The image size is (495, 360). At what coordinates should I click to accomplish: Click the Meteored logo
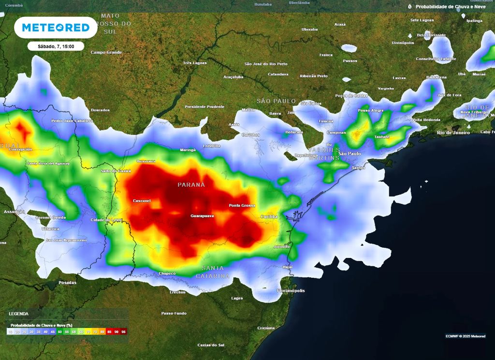[x=56, y=28]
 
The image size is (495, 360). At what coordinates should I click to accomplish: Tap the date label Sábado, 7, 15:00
[x=56, y=46]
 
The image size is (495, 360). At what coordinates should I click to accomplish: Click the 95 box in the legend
[x=124, y=332]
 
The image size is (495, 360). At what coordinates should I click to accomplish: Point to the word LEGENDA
[x=18, y=314]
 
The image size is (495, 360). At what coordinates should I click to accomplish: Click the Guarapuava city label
[x=202, y=215]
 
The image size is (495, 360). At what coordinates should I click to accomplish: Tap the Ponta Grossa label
[x=242, y=206]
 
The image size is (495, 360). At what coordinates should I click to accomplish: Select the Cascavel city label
[x=142, y=200]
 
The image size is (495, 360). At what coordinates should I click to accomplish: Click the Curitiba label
[x=269, y=217]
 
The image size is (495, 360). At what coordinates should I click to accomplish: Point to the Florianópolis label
[x=291, y=291]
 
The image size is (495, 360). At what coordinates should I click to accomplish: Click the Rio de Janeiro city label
[x=453, y=132]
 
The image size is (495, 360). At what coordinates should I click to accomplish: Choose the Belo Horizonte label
[x=431, y=35]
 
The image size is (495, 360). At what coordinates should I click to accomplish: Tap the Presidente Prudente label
[x=204, y=106]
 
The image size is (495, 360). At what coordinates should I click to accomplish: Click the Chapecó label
[x=167, y=273]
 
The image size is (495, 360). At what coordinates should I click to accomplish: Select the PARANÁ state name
[x=191, y=185]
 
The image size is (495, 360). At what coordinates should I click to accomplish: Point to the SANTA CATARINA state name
[x=213, y=272]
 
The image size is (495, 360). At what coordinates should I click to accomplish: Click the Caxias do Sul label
[x=211, y=345]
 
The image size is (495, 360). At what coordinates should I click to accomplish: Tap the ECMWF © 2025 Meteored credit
[x=466, y=336]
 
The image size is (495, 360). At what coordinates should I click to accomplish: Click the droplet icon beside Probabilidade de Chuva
[x=410, y=7]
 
